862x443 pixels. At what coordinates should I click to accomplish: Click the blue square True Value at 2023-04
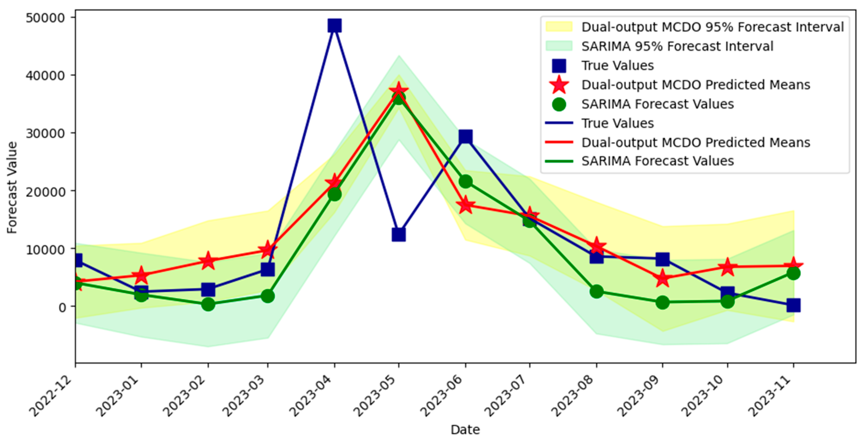335,25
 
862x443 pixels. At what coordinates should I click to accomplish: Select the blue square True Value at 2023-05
399,234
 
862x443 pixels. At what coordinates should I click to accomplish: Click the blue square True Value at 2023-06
465,137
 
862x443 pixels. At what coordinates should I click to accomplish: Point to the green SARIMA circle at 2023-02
208,304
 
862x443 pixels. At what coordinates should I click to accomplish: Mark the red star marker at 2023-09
662,279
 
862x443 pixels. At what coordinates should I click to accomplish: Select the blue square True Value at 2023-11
793,305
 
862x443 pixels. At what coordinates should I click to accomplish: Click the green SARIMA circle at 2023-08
596,291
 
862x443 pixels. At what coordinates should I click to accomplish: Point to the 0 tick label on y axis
62,307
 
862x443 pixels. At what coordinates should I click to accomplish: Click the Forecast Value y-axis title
12,187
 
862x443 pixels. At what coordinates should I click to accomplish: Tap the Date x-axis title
465,430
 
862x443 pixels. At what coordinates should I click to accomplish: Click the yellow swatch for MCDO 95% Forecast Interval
559,27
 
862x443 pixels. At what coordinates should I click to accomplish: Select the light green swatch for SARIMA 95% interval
559,46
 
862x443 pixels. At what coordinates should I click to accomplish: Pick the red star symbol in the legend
559,85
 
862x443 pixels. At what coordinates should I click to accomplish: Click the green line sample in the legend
559,161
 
